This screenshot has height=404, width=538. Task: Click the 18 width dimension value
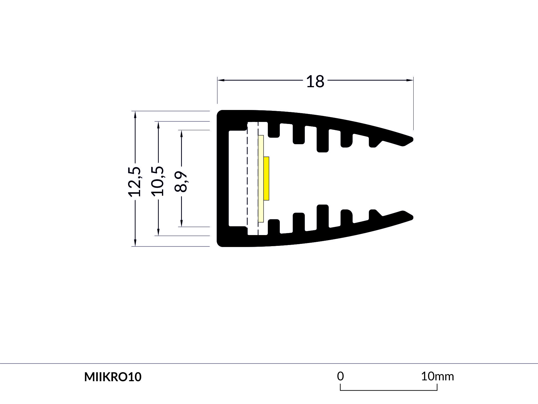(315, 81)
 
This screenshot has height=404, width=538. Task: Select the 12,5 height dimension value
(135, 181)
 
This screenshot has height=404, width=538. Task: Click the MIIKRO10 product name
(113, 377)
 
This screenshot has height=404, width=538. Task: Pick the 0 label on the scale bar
(340, 376)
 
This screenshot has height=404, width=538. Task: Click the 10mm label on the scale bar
(437, 377)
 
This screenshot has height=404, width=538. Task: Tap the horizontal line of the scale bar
(389, 390)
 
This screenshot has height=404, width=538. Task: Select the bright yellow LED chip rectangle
(266, 178)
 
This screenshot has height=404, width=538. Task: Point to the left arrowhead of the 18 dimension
(221, 80)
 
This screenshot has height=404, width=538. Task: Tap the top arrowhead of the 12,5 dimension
(135, 114)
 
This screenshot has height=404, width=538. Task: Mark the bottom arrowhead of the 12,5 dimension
(135, 243)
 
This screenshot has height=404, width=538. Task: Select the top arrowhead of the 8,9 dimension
(181, 133)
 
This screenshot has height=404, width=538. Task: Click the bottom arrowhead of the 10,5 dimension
(158, 232)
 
